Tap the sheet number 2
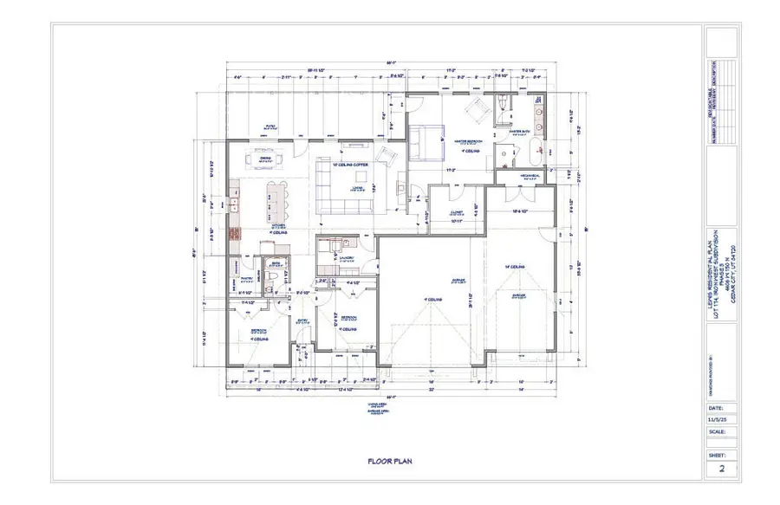click(x=720, y=469)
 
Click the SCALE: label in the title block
click(x=718, y=431)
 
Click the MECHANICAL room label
click(x=530, y=174)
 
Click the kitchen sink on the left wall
click(x=233, y=205)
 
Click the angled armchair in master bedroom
click(x=475, y=109)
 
